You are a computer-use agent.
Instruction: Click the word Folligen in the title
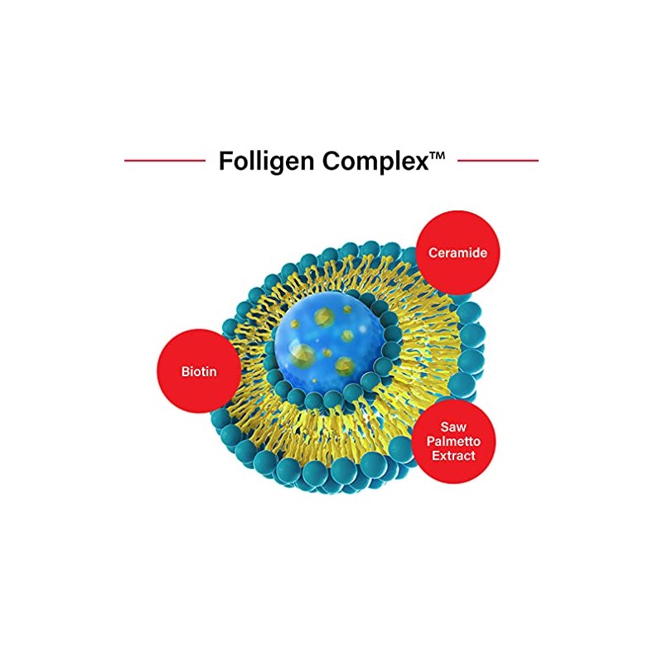point(266,161)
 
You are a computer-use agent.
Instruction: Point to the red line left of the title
point(164,160)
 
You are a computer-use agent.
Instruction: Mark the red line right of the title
point(498,160)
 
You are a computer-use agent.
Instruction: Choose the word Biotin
point(199,370)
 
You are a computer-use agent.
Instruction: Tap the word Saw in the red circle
point(448,428)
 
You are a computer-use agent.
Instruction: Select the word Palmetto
point(448,442)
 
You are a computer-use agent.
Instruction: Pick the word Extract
point(448,456)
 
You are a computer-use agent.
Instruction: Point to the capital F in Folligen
point(225,161)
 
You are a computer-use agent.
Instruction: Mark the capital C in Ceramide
point(432,252)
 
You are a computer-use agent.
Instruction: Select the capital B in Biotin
point(185,370)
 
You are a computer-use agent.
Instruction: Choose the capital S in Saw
point(440,428)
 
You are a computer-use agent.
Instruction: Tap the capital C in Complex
point(330,161)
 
